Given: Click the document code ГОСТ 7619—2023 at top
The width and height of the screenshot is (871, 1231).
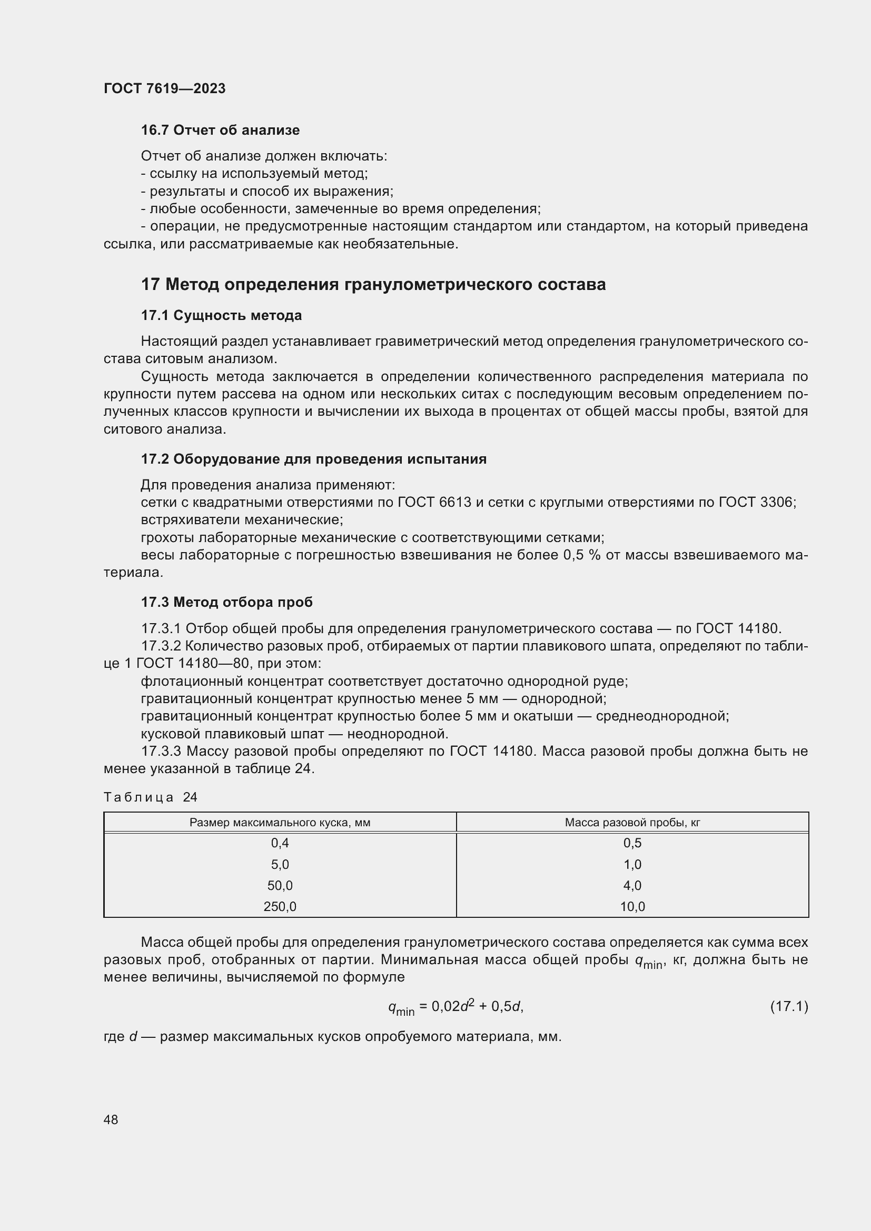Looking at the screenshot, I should [164, 88].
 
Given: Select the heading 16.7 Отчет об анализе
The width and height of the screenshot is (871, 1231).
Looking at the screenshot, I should [220, 131].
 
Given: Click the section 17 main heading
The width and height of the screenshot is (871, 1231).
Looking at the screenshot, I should [373, 284].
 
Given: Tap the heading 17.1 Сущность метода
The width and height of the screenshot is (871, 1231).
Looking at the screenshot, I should [221, 315].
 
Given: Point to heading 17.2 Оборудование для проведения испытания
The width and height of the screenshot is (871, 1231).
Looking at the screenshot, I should [314, 459].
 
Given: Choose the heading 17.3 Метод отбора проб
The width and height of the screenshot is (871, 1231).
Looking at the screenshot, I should [226, 602].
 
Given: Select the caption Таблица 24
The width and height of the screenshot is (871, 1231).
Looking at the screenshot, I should [150, 797].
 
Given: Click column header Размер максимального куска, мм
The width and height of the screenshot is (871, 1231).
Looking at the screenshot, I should [280, 823].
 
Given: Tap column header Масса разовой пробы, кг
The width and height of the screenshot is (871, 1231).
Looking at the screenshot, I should [632, 823].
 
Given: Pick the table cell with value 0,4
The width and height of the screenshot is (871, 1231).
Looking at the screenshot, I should [280, 843].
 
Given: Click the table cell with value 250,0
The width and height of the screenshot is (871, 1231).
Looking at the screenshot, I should [280, 907].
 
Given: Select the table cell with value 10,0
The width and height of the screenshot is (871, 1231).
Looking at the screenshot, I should [632, 907].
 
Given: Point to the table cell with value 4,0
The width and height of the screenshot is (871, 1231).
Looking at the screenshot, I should [632, 886].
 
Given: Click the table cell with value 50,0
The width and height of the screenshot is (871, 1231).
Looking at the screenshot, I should [280, 886].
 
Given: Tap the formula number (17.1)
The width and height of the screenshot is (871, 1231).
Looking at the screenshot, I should [789, 1006].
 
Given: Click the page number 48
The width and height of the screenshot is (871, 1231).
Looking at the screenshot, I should [111, 1119].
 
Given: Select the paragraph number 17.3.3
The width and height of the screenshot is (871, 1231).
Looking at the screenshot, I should [161, 751].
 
